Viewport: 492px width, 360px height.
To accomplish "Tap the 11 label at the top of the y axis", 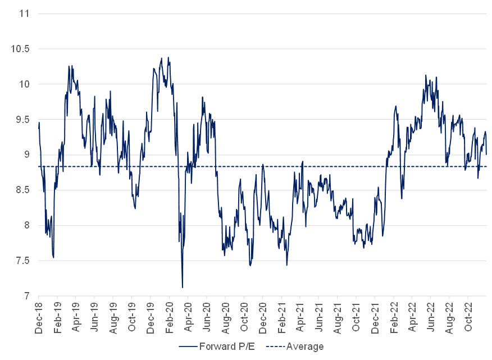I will point(24,13).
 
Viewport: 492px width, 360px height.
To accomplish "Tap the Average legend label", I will point(305,347).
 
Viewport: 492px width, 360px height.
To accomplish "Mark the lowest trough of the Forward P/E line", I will point(183,288).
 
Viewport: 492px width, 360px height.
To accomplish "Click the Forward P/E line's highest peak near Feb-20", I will point(168,57).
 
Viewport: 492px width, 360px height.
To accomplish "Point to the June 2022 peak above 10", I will point(426,75).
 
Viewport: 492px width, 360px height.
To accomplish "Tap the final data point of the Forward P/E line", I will point(486,154).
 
